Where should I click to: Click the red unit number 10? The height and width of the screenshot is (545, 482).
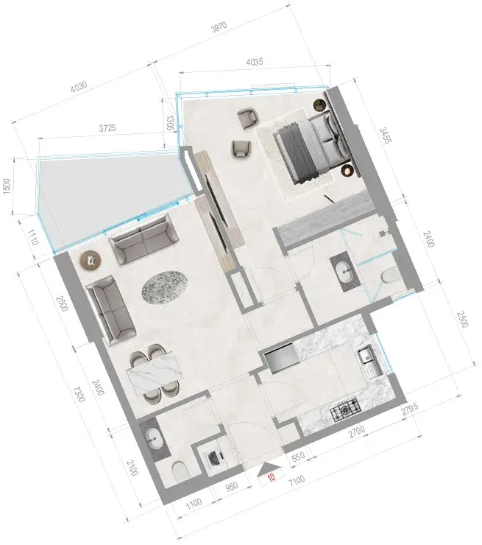click(x=272, y=477)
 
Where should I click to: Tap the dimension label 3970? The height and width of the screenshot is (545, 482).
click(x=219, y=27)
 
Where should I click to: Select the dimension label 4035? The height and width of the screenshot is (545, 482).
click(x=255, y=62)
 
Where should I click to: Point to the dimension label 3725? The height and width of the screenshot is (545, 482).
click(x=107, y=128)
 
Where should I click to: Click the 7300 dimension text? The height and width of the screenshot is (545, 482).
click(x=79, y=394)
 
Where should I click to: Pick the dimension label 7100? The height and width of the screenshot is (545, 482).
click(x=297, y=481)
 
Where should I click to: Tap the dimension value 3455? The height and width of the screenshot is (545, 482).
click(x=385, y=136)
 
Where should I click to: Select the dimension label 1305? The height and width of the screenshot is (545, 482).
click(x=169, y=123)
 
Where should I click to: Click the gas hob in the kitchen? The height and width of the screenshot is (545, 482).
click(x=346, y=410)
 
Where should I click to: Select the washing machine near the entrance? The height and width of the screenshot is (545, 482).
click(x=215, y=458)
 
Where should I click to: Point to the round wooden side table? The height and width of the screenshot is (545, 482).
click(x=91, y=260)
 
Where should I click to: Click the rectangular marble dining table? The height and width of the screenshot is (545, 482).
click(x=155, y=373)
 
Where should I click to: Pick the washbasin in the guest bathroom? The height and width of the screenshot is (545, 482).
click(x=155, y=440)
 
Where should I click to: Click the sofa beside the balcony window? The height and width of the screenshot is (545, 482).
click(x=143, y=239)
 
